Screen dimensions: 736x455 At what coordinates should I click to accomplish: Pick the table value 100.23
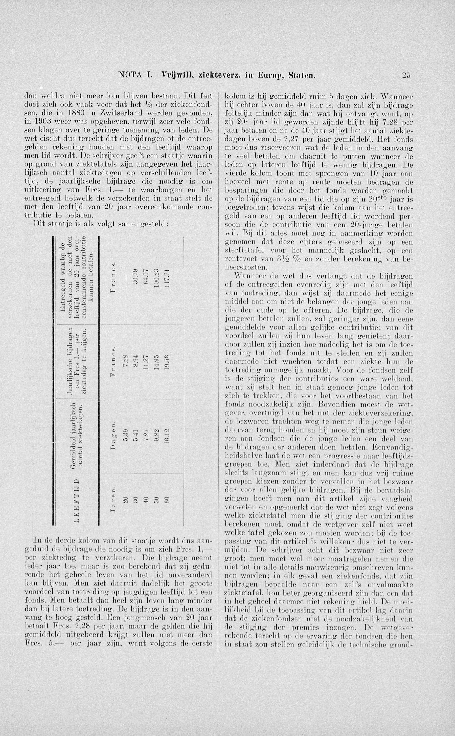click(156, 279)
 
